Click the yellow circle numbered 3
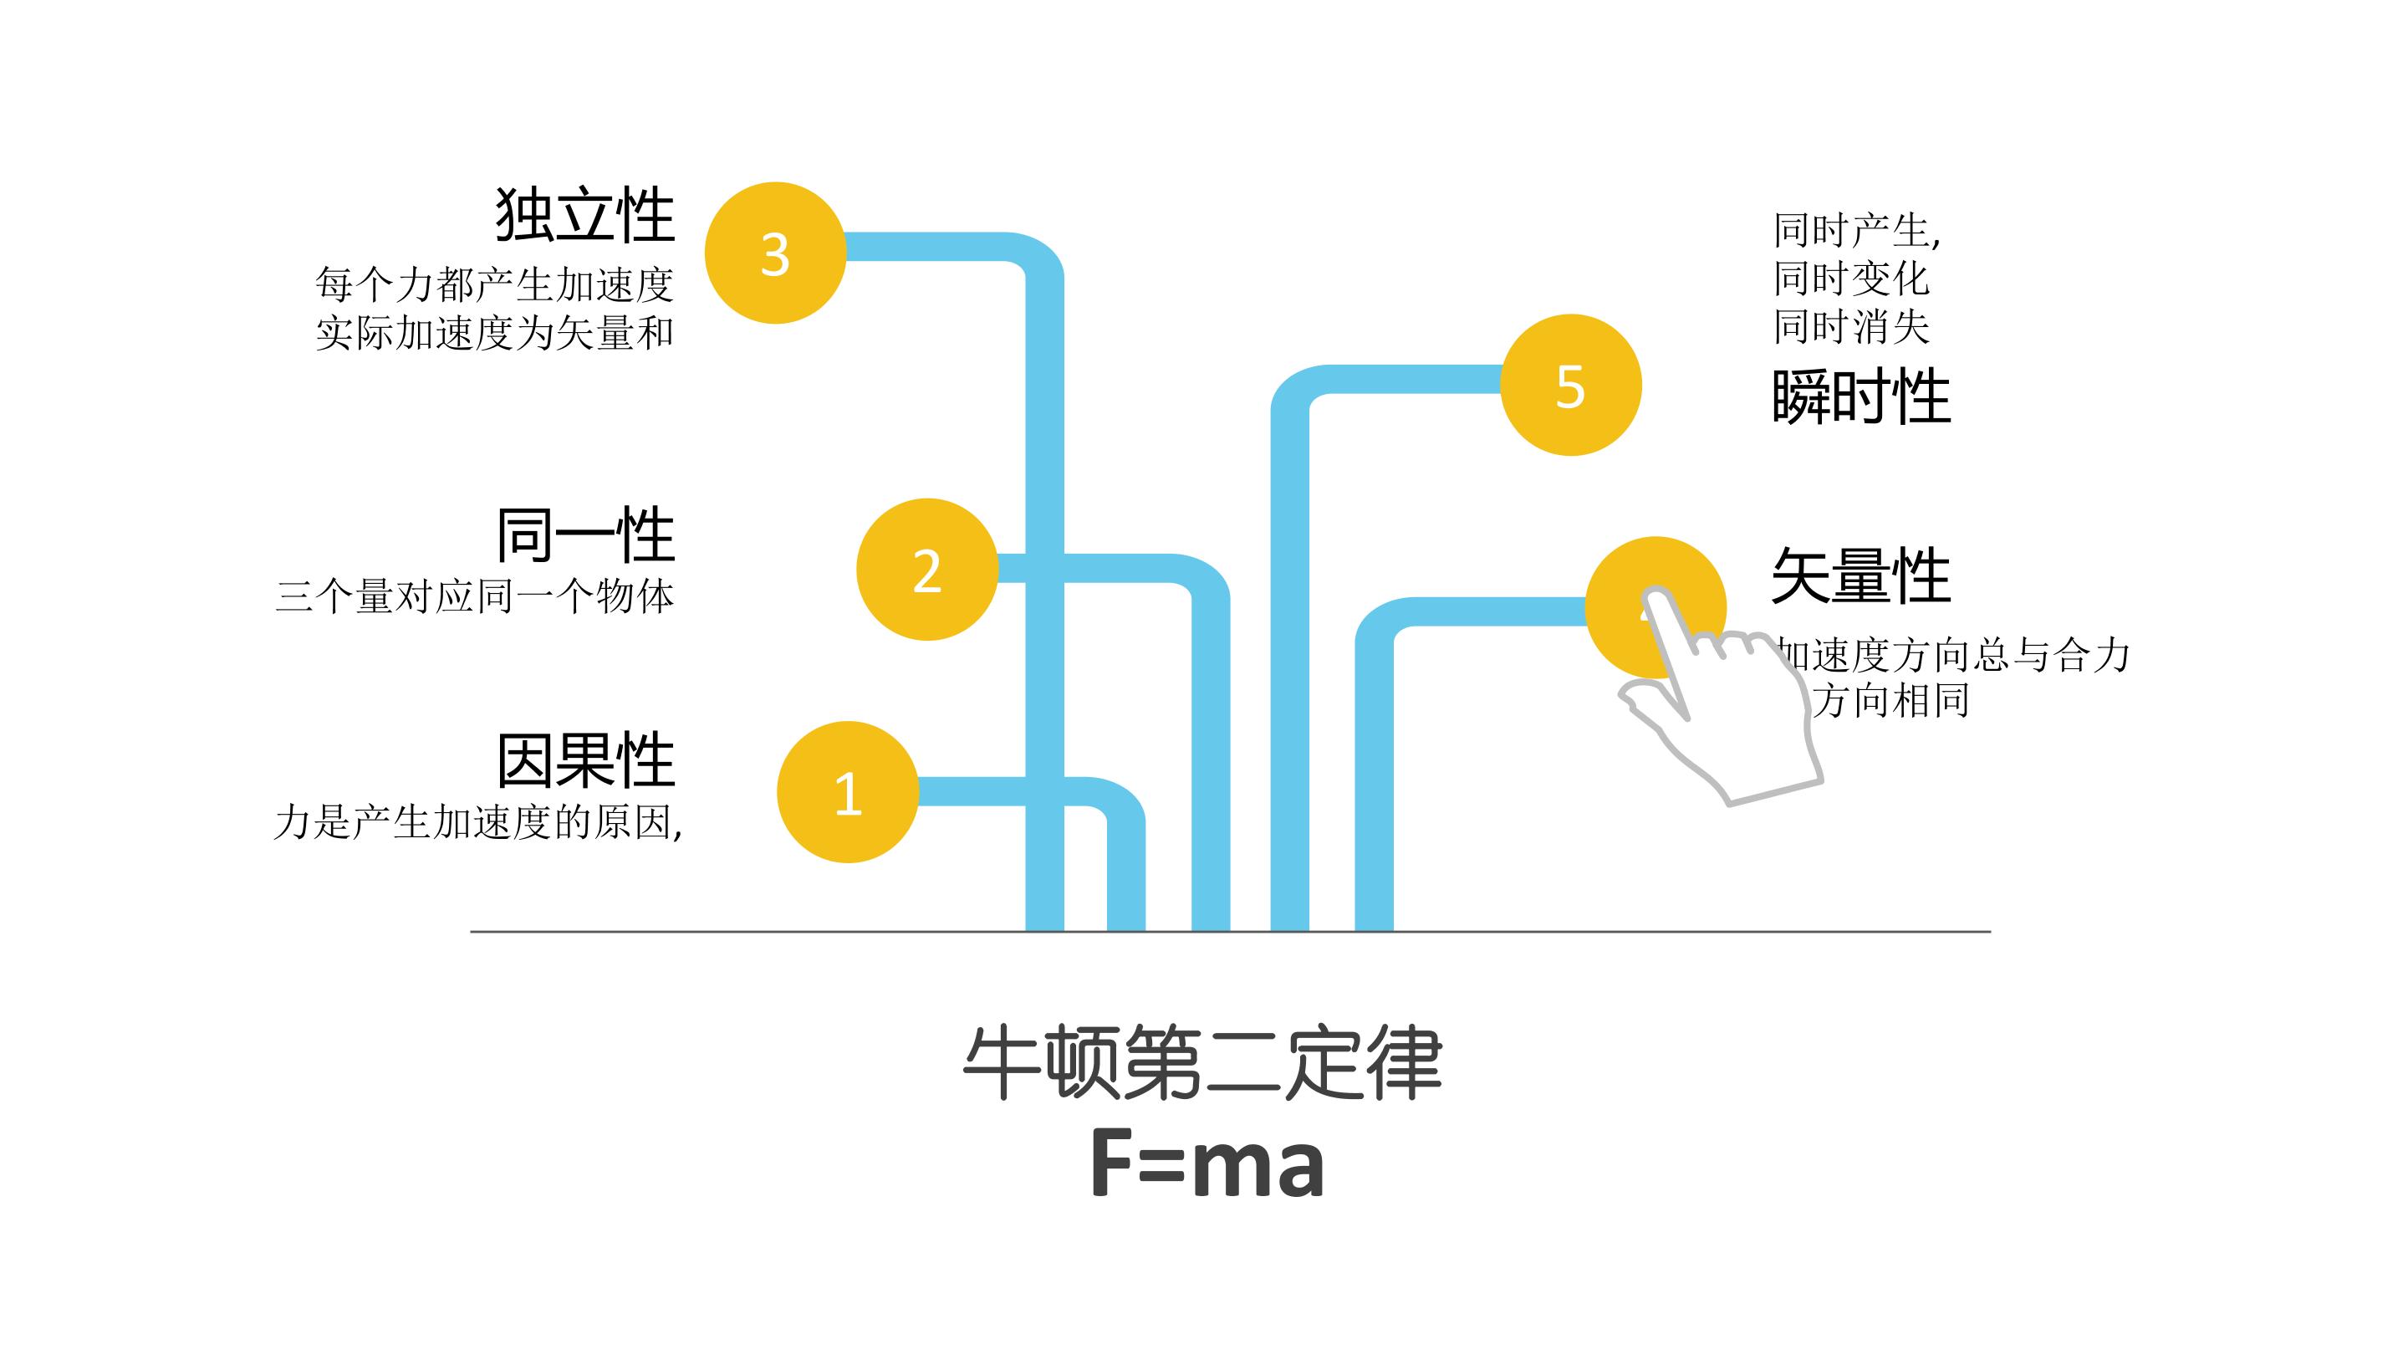pos(775,253)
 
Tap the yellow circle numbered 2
pos(926,570)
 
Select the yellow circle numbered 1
pos(847,792)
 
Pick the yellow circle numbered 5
pos(1570,386)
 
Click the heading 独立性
pos(585,215)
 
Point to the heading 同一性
pos(585,535)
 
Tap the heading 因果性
pos(585,760)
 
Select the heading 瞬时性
pos(1860,397)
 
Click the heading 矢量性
pos(1860,576)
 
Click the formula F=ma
pos(1207,1164)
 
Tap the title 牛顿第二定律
pos(1203,1063)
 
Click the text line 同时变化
pos(1851,279)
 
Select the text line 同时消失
pos(1851,327)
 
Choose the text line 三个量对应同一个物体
pos(475,596)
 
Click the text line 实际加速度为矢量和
pos(494,334)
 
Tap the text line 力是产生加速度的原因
pos(477,823)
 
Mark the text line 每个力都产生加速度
pos(494,284)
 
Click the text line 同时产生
pos(1856,230)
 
